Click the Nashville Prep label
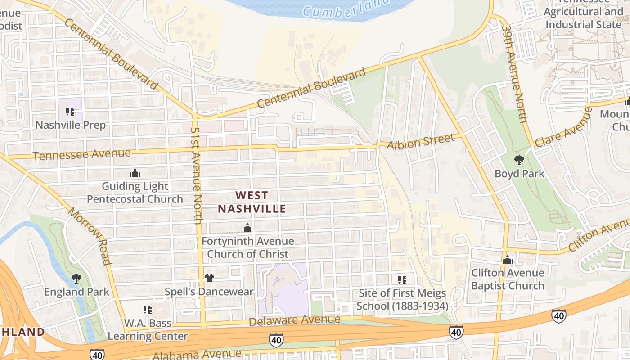[71, 125]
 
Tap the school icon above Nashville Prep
[70, 111]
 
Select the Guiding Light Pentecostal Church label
[135, 193]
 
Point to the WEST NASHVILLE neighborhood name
[252, 202]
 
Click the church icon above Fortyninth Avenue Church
[247, 228]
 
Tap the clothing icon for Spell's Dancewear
[209, 278]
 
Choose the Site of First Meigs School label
[403, 300]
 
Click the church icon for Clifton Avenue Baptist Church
[508, 260]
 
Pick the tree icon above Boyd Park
[519, 160]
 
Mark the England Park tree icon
[76, 278]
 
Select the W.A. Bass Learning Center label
[148, 329]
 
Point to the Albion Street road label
[421, 142]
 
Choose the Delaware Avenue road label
[294, 320]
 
